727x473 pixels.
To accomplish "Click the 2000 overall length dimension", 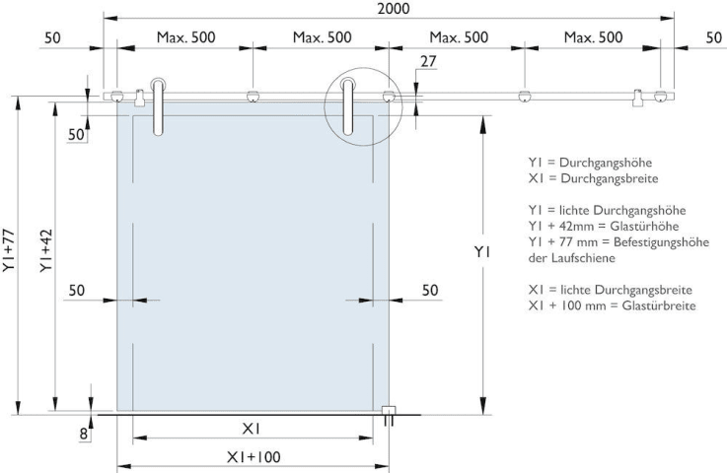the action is pos(394,8).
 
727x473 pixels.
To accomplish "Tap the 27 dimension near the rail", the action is pos(428,61).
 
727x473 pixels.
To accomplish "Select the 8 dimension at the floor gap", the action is pos(84,434).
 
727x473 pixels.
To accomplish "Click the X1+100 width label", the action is pos(254,457).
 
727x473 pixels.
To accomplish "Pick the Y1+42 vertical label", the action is pos(46,250).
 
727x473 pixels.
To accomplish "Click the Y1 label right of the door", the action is pos(482,252).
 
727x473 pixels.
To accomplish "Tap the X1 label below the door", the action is pos(251,429).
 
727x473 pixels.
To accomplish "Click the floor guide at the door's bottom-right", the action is pos(388,415).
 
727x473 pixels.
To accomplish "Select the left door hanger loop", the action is pos(158,106).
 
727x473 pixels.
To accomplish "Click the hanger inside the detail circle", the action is pos(347,106).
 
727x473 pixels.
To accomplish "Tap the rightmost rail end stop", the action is pos(638,98).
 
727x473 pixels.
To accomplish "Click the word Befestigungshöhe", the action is pos(661,242).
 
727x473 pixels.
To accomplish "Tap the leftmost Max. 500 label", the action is pos(185,37).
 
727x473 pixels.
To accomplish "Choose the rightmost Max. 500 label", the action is pos(593,37).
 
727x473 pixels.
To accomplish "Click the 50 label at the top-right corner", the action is pos(714,37).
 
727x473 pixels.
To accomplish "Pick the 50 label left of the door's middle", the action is pos(77,291).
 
